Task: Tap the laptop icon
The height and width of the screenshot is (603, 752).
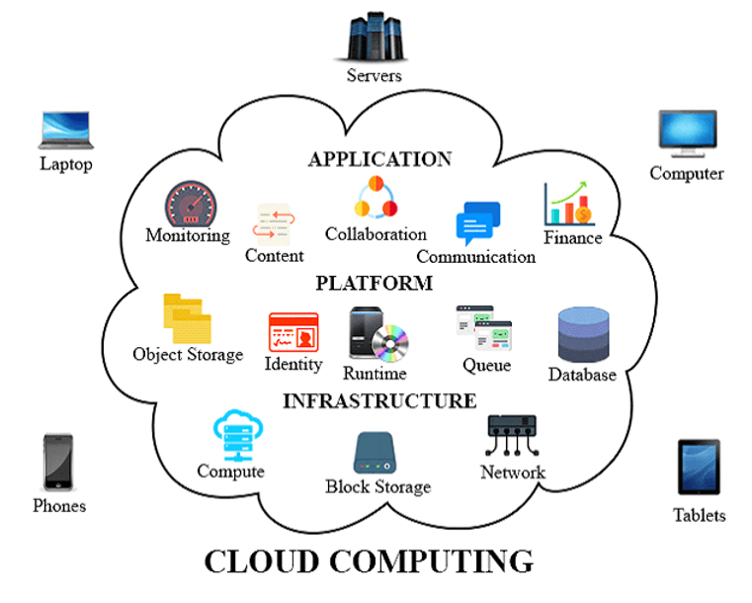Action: (66, 130)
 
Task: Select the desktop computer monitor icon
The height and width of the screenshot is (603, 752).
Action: (688, 134)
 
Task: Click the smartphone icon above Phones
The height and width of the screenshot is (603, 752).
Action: (58, 462)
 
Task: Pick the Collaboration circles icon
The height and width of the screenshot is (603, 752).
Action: (376, 198)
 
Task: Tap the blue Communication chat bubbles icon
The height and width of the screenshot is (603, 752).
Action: (477, 223)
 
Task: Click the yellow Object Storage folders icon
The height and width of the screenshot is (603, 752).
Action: (187, 318)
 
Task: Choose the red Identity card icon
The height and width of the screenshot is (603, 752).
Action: (293, 332)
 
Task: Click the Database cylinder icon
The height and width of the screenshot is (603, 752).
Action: (583, 335)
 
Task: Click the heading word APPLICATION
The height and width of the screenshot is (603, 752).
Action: (379, 159)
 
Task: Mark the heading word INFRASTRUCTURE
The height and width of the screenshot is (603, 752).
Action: (379, 400)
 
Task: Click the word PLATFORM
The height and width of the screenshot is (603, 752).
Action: (374, 284)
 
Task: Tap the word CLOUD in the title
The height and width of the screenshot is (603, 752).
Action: (262, 560)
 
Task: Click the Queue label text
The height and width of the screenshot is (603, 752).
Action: (486, 365)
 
